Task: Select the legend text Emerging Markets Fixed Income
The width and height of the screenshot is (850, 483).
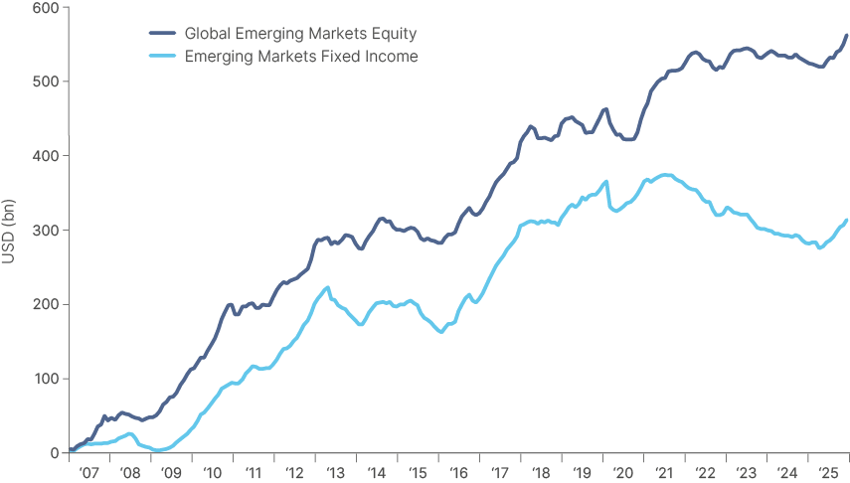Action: pos(301,57)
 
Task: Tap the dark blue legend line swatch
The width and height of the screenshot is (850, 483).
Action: pos(159,34)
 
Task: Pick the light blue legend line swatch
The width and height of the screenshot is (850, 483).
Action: pos(159,57)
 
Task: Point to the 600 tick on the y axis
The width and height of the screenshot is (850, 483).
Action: pos(44,7)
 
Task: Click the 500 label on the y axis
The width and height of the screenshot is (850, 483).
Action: pos(44,81)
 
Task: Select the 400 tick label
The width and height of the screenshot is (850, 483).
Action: pos(44,156)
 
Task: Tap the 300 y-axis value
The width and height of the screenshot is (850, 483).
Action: pos(44,230)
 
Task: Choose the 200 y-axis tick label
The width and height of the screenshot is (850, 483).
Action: pos(44,304)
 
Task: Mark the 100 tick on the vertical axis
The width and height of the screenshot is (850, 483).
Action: pos(44,379)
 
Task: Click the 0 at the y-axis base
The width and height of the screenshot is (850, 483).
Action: pos(53,453)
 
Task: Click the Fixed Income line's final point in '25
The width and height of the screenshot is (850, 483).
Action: pos(846,221)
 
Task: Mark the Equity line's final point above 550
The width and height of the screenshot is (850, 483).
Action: pos(846,37)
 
